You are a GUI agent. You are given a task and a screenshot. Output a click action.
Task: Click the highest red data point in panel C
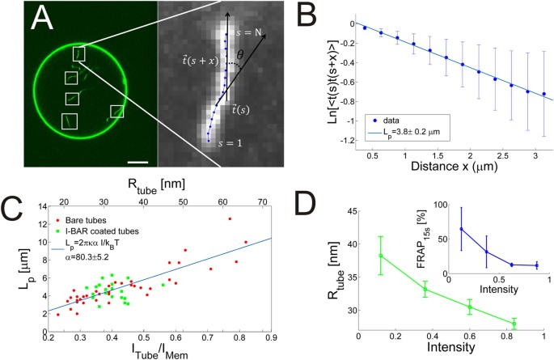[230, 218]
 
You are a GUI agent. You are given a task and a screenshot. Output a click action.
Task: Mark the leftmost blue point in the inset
[461, 230]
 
